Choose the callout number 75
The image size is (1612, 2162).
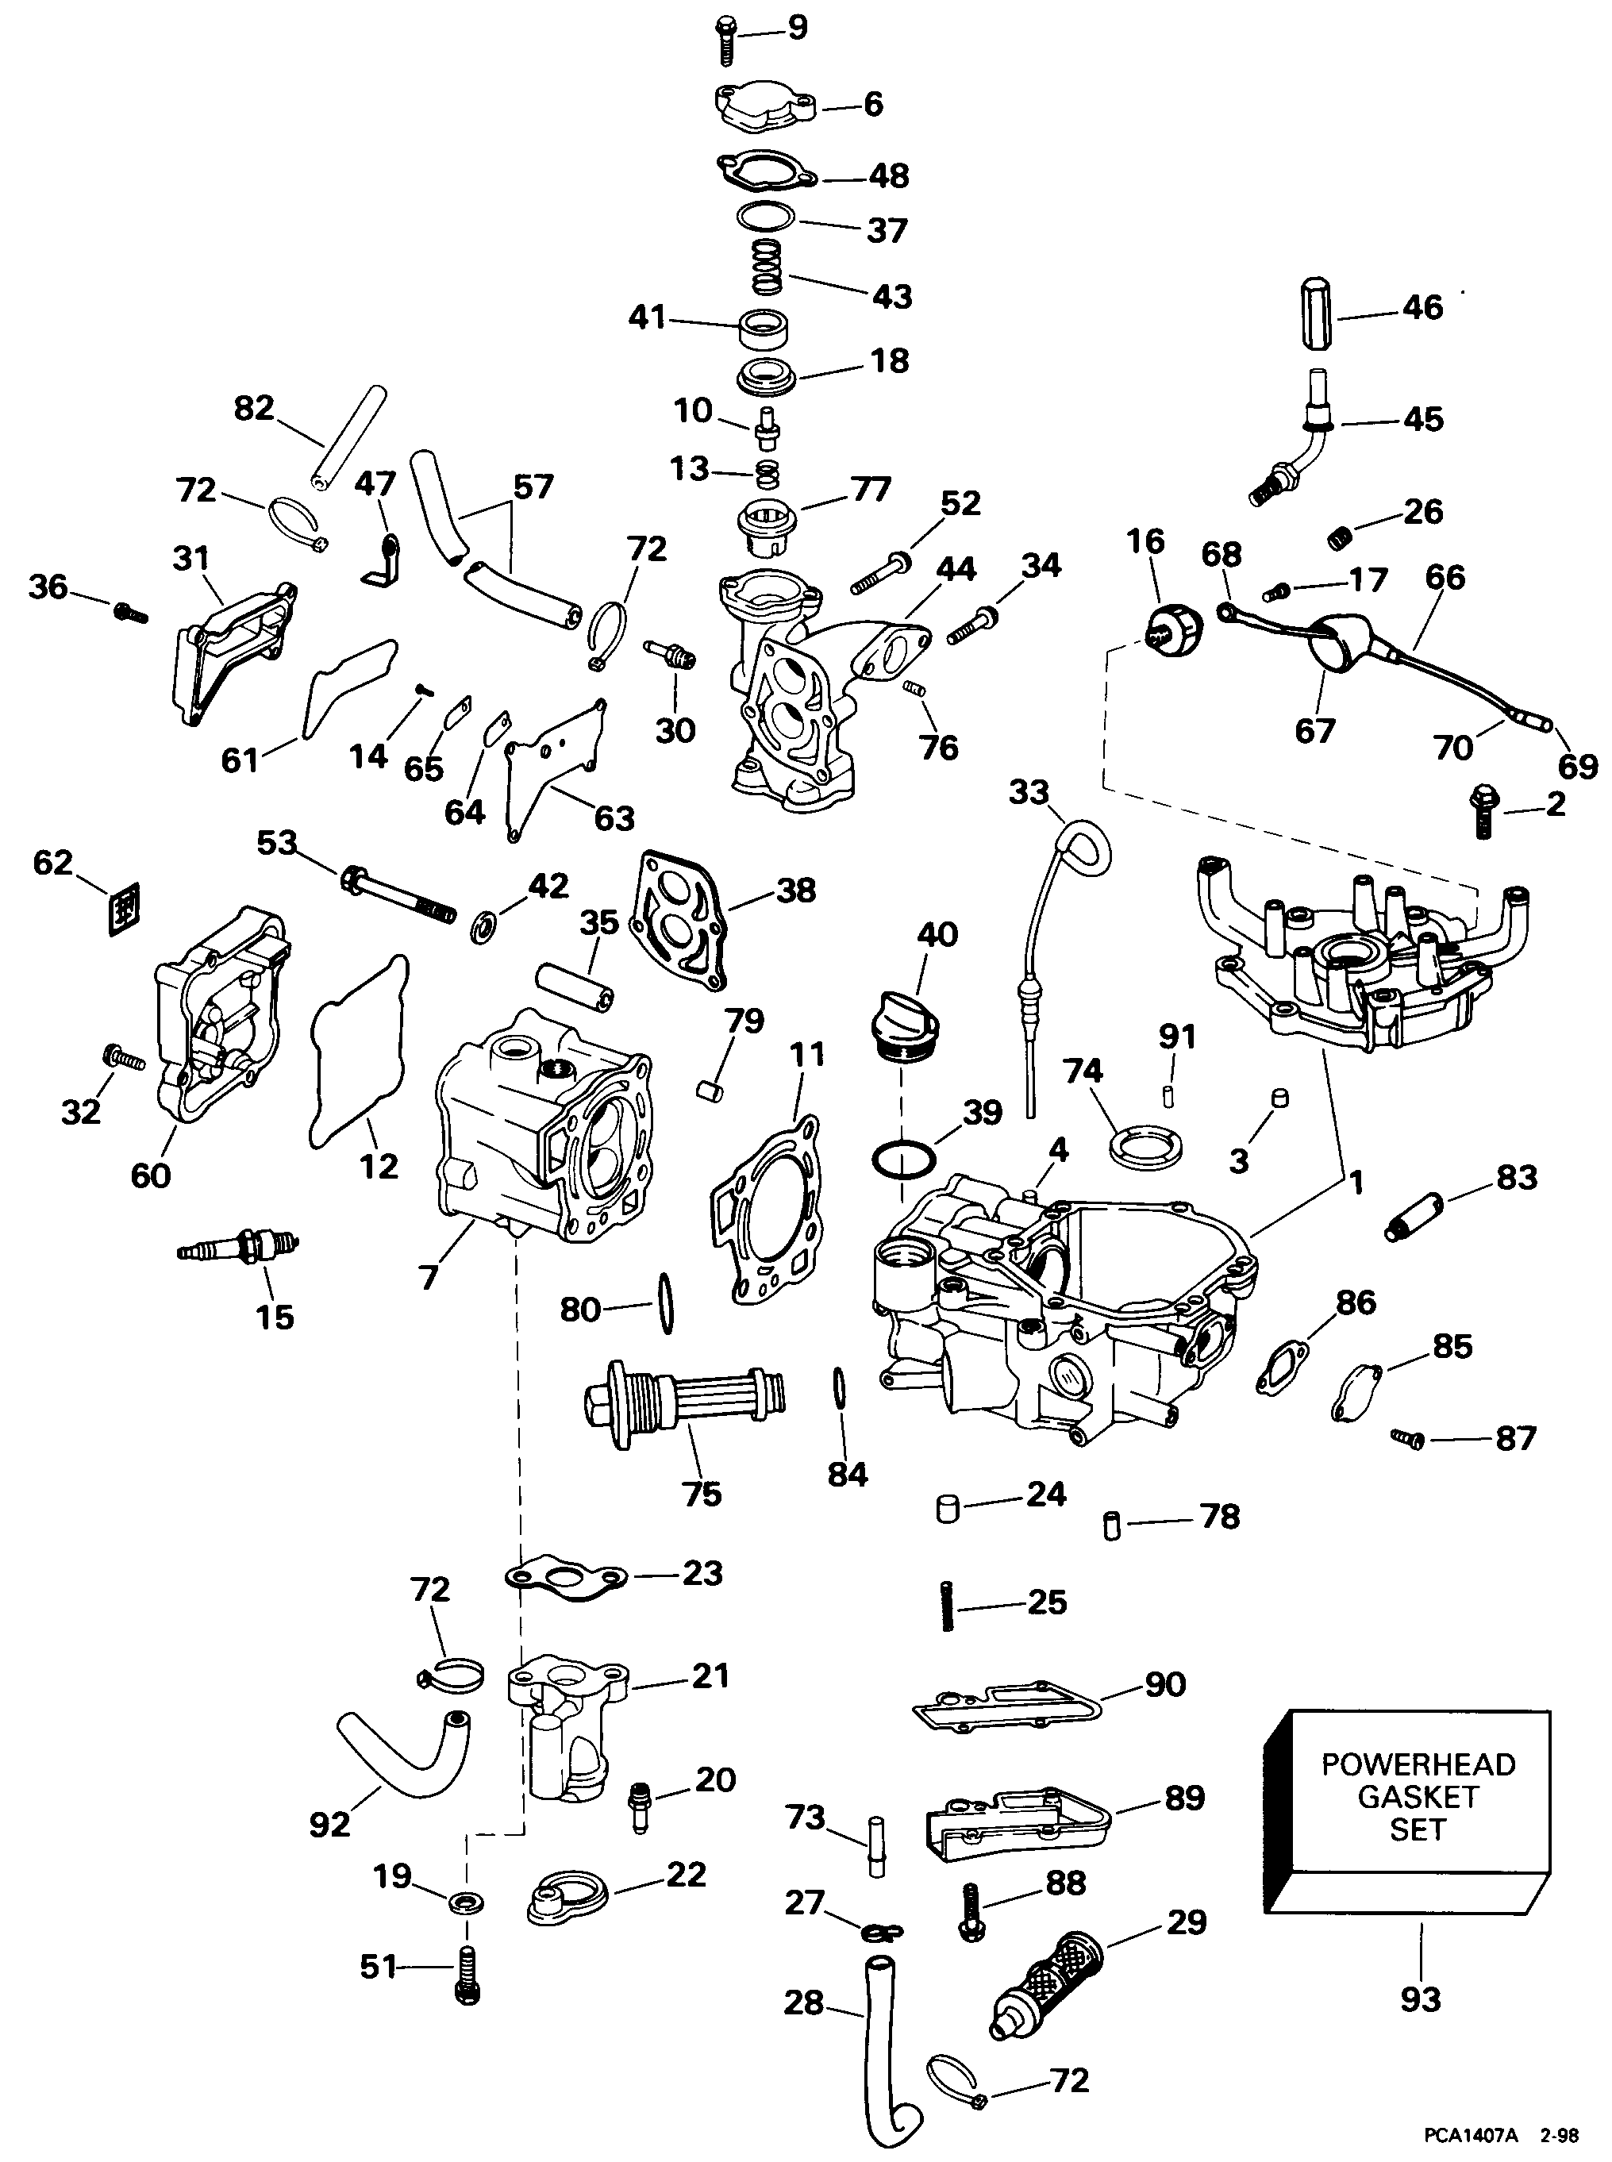[702, 1494]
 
